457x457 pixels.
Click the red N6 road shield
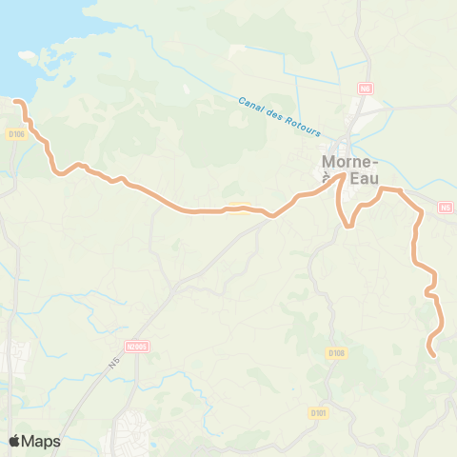(364, 88)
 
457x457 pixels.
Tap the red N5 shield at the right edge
(447, 207)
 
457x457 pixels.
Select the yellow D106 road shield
(14, 134)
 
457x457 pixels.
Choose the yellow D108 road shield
(336, 353)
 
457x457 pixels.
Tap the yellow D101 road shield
(318, 412)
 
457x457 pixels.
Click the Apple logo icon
(15, 441)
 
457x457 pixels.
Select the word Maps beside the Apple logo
(41, 441)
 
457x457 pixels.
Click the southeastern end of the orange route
(434, 356)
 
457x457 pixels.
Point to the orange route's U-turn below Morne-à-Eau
(349, 227)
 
